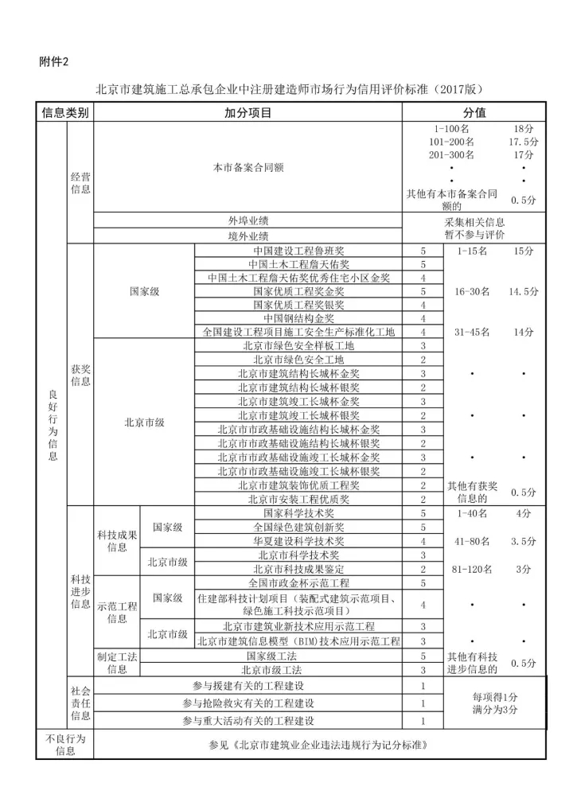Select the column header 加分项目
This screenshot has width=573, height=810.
click(248, 113)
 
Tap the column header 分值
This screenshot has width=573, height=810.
click(474, 113)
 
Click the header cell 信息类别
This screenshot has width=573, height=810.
click(65, 113)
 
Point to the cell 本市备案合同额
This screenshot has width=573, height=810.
click(248, 168)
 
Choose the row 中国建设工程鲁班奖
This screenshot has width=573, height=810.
click(299, 251)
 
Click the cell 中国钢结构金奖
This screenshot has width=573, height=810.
click(299, 318)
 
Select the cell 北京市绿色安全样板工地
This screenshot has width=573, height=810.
click(299, 346)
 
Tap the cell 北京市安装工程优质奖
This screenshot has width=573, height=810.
click(299, 500)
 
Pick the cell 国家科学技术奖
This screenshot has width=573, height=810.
click(299, 513)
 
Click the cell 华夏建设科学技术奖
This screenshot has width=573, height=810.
click(299, 541)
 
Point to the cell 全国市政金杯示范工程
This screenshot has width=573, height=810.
click(299, 583)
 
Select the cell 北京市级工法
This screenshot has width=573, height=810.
click(299, 670)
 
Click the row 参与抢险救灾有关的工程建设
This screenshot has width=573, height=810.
click(248, 703)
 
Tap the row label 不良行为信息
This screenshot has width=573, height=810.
click(65, 744)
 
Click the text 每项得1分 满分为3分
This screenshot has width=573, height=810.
click(494, 703)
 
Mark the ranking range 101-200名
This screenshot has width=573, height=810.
click(451, 141)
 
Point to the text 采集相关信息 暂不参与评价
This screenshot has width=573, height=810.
click(474, 229)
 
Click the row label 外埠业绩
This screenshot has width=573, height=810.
click(248, 221)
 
